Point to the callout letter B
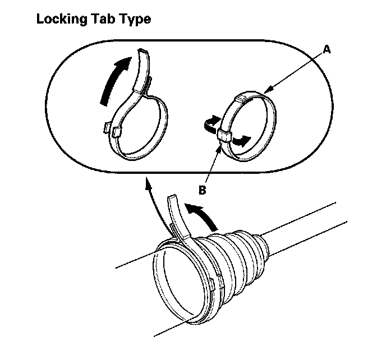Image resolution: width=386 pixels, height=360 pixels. click(x=203, y=190)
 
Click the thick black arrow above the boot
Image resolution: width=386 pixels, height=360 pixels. click(x=201, y=216)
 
